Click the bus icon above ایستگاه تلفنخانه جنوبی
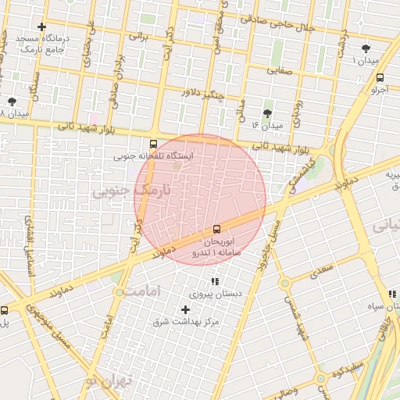(x=153, y=144)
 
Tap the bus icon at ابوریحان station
(x=216, y=229)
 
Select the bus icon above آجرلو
(x=380, y=77)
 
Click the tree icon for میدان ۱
(x=366, y=48)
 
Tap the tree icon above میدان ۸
(x=12, y=102)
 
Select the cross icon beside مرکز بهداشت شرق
(x=185, y=310)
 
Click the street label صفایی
(x=282, y=70)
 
